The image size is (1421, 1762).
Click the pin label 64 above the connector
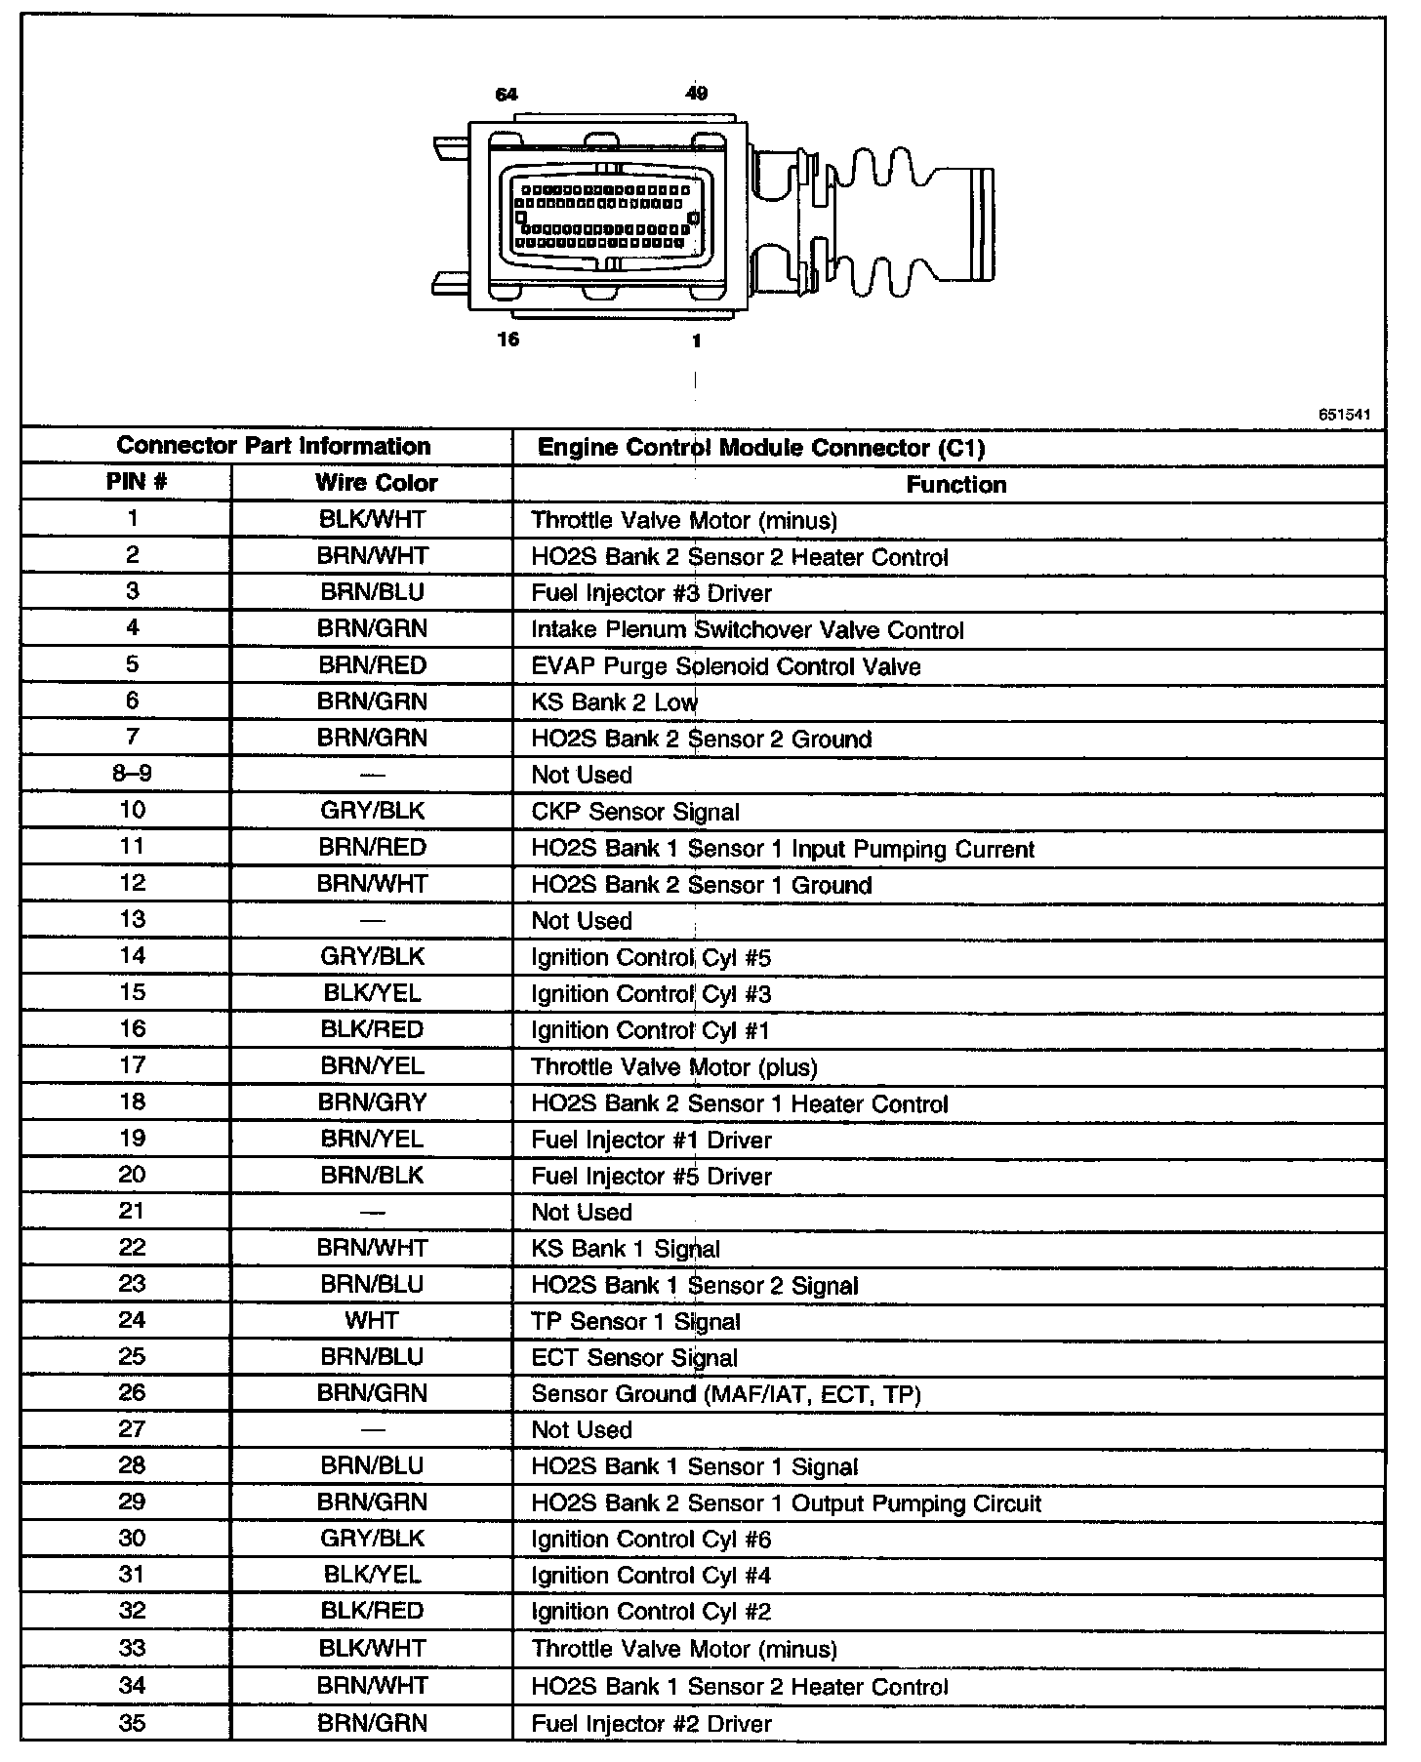coord(507,95)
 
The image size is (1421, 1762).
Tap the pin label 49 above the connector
coord(696,94)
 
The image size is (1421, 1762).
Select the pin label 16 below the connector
coord(508,340)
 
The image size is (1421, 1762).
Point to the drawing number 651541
coord(1344,415)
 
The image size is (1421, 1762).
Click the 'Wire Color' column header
coord(376,483)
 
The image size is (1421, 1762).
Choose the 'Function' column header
coord(955,485)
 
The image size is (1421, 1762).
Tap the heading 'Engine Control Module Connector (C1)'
coord(761,448)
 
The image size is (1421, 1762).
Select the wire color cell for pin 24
coord(372,1321)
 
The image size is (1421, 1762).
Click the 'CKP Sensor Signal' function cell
coord(635,812)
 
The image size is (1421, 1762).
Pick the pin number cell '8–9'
coord(132,774)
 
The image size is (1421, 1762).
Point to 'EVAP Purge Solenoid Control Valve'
coord(725,666)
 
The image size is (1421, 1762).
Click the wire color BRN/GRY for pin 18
coord(372,1102)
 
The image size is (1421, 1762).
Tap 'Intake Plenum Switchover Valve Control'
coord(747,630)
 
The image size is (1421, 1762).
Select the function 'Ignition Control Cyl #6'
coord(651,1540)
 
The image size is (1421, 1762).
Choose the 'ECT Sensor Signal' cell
coord(634,1358)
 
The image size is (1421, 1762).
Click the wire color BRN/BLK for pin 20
coord(372,1176)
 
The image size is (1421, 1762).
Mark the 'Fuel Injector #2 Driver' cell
coord(651,1724)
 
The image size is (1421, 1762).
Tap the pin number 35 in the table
coord(132,1723)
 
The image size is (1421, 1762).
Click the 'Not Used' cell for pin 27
coord(582,1430)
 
